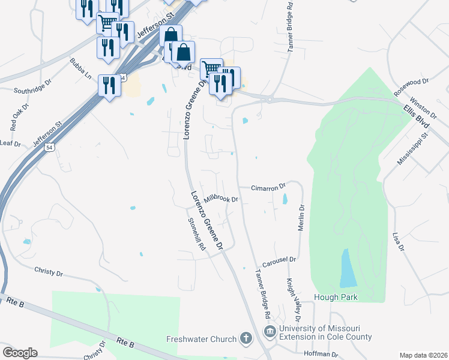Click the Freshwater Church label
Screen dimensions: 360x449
coord(201,339)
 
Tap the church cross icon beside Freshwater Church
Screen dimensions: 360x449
coord(246,338)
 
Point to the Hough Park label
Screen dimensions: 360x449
coord(336,297)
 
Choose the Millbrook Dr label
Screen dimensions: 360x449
coord(221,199)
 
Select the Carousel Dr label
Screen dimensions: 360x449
coord(279,260)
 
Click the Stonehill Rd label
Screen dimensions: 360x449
coord(197,234)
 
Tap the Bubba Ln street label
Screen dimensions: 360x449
coord(80,69)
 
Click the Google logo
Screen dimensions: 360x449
coord(20,352)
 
